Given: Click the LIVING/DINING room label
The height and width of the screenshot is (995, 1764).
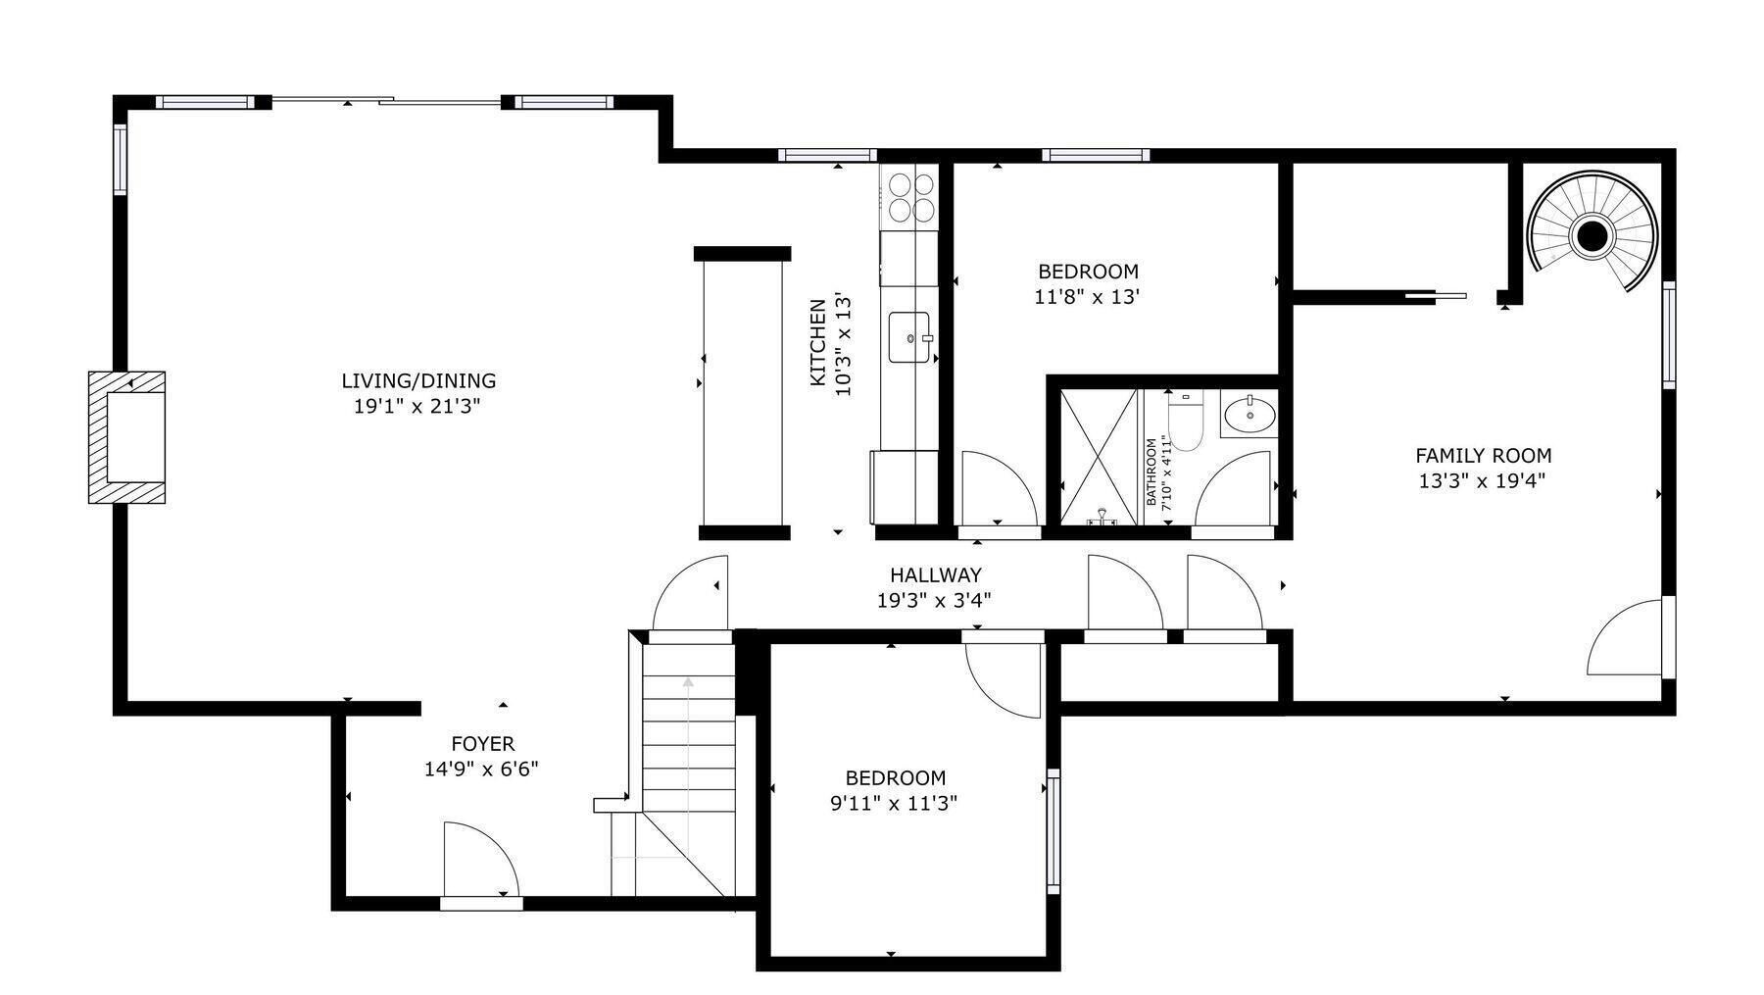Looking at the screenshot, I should tap(418, 380).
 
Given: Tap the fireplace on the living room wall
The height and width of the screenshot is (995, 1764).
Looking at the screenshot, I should tap(127, 437).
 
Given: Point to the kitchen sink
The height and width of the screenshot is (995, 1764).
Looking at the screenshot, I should tap(910, 338).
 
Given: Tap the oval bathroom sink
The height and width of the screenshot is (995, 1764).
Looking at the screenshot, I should tap(1249, 414).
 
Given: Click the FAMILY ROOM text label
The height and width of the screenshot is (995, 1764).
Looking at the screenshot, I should tap(1483, 456).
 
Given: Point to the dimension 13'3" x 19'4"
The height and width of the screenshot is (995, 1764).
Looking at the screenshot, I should tap(1482, 481).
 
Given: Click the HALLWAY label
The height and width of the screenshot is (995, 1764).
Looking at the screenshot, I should tap(935, 575).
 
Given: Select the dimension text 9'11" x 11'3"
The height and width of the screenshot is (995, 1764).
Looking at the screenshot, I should tap(895, 804).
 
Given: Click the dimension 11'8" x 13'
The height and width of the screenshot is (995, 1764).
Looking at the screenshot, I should tap(1087, 296).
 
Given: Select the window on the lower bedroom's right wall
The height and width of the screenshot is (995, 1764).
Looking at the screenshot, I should tap(1053, 830).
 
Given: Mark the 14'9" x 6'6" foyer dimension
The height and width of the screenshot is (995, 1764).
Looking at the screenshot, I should tap(481, 770).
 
